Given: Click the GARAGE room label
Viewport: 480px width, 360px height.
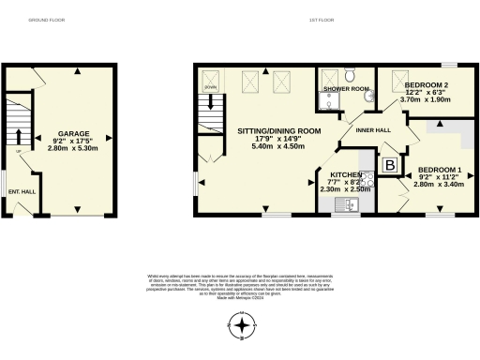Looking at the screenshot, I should [x=74, y=134].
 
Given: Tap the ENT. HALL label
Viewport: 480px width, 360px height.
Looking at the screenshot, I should [x=21, y=191].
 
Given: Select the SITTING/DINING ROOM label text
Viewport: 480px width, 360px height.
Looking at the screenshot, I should [x=278, y=129].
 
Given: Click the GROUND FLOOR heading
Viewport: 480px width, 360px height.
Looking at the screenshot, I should [x=44, y=19].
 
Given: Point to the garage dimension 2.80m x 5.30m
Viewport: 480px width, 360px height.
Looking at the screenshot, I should [x=74, y=148].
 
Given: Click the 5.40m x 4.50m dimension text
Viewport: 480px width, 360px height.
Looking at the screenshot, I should [x=278, y=146].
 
